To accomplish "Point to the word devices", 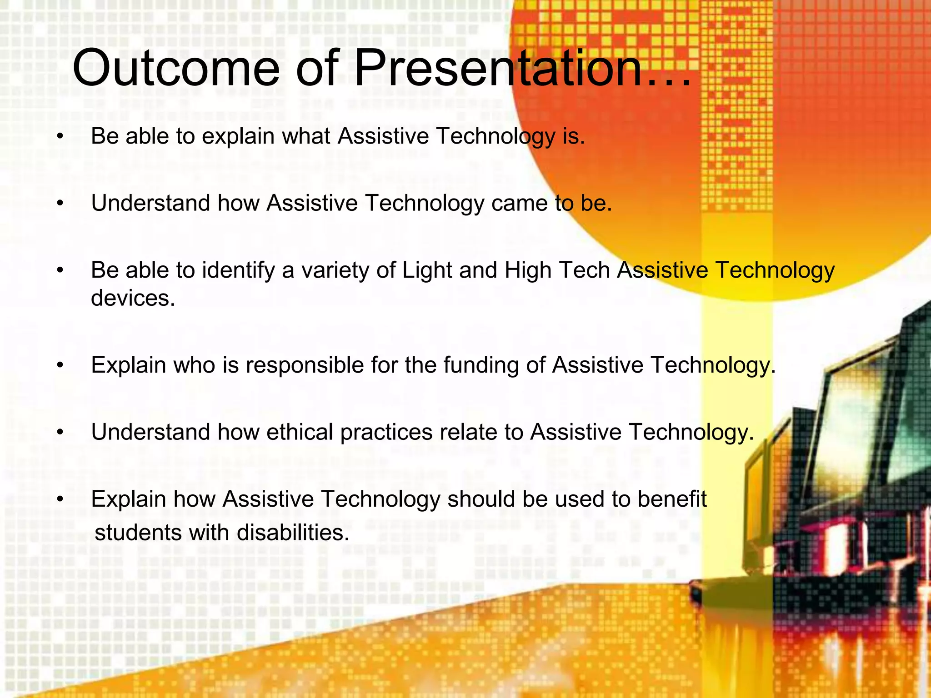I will [133, 299].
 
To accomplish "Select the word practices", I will [386, 432].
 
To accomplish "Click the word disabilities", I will [293, 533].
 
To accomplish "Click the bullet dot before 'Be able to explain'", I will [60, 137].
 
